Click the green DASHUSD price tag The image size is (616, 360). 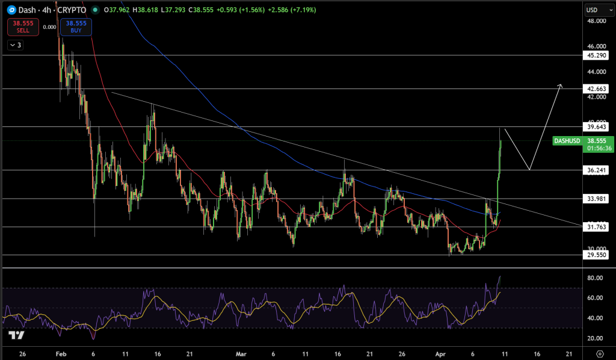click(x=567, y=141)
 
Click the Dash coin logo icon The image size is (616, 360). click(x=10, y=10)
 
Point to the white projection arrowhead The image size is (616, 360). click(x=560, y=86)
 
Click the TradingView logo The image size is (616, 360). click(x=16, y=336)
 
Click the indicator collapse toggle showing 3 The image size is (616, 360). click(x=15, y=45)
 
